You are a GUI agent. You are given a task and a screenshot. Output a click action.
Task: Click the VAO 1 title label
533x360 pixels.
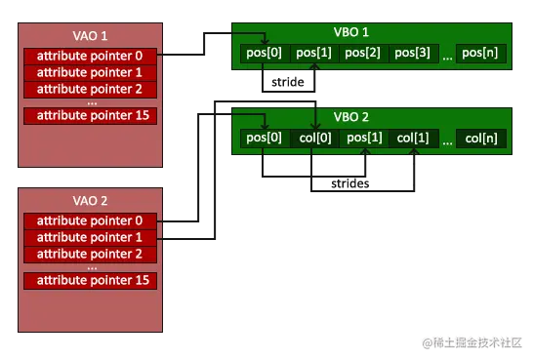pos(89,34)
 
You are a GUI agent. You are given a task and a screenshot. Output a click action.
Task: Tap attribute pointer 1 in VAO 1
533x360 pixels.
pos(89,72)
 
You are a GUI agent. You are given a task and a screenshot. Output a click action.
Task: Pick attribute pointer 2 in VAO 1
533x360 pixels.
pos(89,88)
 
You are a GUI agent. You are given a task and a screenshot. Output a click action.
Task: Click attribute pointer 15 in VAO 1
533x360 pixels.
pos(89,116)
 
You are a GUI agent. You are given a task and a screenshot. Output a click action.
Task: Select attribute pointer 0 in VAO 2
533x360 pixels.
pos(89,220)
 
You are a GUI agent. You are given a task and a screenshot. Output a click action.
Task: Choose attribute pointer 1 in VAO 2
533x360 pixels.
pos(89,237)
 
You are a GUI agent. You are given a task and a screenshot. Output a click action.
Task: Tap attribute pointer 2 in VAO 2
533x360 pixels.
pos(89,253)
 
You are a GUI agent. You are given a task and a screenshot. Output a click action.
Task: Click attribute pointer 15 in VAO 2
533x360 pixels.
pos(89,280)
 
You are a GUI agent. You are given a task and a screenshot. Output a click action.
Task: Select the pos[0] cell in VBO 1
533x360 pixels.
pos(264,53)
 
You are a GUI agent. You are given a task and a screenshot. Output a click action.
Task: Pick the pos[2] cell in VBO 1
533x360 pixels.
pos(363,53)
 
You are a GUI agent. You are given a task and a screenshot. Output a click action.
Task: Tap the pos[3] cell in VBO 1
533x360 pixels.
pos(413,53)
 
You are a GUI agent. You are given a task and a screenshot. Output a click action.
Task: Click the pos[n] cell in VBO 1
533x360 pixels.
pos(482,53)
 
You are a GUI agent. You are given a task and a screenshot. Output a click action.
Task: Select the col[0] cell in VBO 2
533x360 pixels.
pos(313,138)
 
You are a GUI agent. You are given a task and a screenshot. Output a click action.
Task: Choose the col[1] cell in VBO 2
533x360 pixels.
pos(413,138)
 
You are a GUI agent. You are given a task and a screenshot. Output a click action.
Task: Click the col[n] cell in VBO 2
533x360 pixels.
pos(482,138)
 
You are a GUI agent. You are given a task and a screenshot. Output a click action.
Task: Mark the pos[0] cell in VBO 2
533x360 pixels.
pos(264,138)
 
